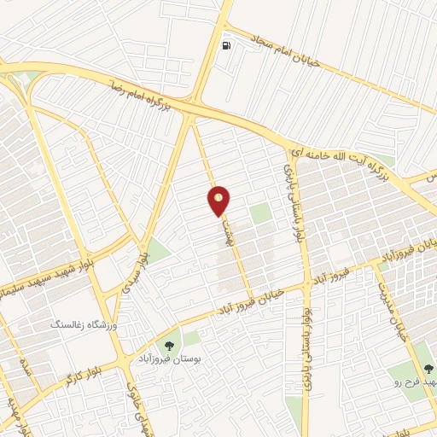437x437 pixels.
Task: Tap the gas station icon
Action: [225, 45]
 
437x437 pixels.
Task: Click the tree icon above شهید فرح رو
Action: [428, 369]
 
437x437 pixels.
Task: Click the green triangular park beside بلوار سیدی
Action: [157, 250]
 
